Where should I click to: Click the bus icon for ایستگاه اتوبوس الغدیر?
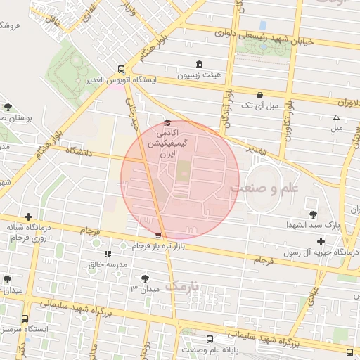(122, 70)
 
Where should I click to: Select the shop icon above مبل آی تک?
(260, 95)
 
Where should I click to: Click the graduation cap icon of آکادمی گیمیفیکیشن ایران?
(167, 122)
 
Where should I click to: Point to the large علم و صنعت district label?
(264, 188)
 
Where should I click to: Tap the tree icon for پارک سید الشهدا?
(312, 214)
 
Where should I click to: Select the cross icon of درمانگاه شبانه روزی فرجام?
(28, 217)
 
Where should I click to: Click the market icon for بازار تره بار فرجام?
(158, 236)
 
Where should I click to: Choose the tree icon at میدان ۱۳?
(146, 278)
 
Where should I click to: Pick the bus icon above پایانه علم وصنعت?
(210, 339)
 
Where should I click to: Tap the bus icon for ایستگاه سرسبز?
(25, 319)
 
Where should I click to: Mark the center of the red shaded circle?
(180, 180)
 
